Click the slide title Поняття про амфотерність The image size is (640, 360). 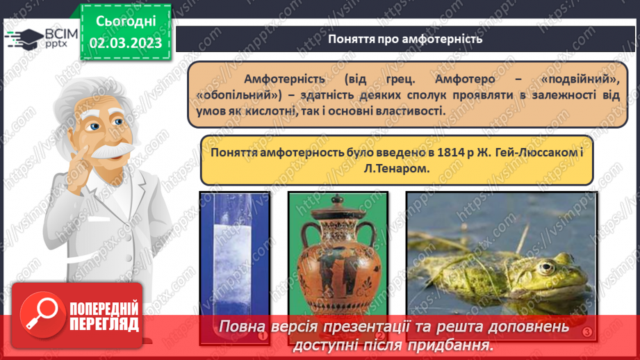pyautogui.click(x=405, y=38)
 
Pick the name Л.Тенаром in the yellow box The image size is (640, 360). pyautogui.click(x=396, y=169)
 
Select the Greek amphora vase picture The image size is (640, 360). pyautogui.click(x=337, y=268)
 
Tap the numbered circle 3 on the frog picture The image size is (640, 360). pyautogui.click(x=587, y=334)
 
